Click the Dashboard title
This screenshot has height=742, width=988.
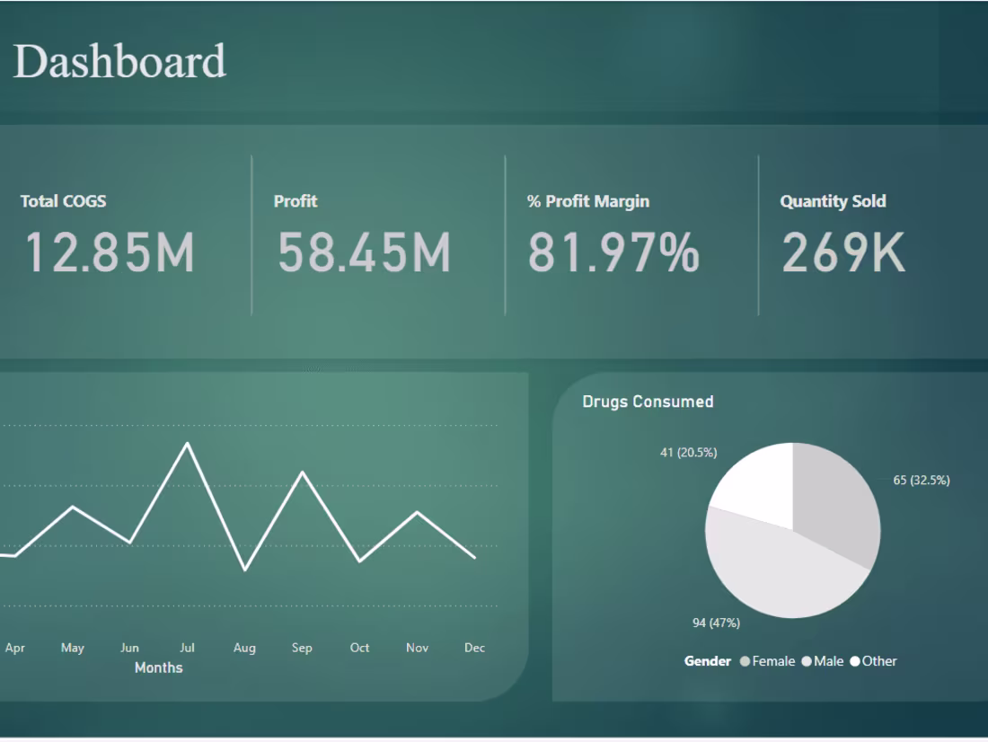119,61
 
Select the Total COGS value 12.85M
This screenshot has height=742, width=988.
109,252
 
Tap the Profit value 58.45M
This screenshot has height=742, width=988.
364,252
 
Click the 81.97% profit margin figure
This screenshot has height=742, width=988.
613,252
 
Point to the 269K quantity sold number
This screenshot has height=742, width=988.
842,252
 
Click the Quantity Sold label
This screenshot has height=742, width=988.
833,201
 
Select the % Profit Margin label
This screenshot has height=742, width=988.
587,201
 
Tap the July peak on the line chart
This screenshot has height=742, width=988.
188,443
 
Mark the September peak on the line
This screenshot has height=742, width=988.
303,472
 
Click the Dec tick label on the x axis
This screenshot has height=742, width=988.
474,648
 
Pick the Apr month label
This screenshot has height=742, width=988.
15,648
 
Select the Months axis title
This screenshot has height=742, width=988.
158,667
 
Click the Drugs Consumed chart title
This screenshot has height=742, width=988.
648,402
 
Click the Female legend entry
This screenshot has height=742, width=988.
768,661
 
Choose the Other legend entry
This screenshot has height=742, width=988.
873,661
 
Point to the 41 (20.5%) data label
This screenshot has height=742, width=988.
688,453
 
